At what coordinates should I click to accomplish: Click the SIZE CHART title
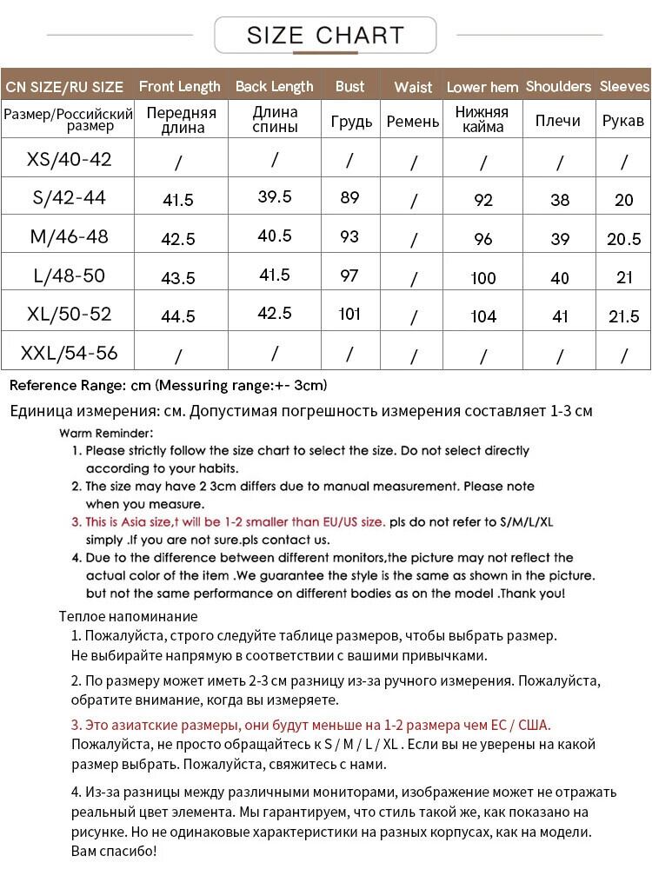point(325,36)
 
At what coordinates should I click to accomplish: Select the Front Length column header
point(180,86)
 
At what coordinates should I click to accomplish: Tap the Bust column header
point(349,86)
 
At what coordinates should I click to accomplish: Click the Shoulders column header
point(558,86)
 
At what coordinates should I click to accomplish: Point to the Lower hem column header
point(482,87)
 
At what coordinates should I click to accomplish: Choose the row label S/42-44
point(70,198)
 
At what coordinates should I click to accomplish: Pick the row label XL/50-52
point(70,314)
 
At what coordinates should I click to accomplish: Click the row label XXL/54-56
point(70,354)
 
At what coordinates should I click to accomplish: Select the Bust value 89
point(349,198)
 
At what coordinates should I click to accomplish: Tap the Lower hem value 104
point(483,316)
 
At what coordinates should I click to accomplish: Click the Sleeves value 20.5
point(624,239)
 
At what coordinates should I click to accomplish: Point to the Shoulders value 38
point(560,200)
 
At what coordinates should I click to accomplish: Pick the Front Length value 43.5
point(178,278)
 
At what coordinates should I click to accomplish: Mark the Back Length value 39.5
point(275,196)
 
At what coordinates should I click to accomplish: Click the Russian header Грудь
point(351,122)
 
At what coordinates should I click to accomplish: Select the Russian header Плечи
point(558,121)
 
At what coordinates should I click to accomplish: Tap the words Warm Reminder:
point(107,433)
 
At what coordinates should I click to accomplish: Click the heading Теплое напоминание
point(128,616)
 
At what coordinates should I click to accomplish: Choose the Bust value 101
point(349,314)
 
